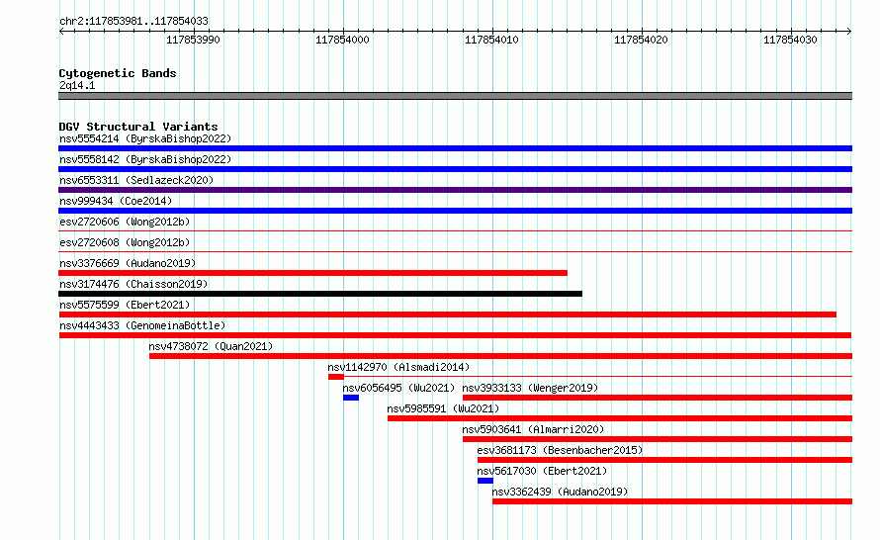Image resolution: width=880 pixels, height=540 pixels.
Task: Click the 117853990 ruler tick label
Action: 193,40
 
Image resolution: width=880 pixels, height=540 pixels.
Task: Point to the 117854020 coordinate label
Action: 641,40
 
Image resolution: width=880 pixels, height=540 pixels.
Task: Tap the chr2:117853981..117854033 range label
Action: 133,21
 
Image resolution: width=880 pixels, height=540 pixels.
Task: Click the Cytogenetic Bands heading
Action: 118,73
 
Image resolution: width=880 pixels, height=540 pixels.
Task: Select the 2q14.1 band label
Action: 77,85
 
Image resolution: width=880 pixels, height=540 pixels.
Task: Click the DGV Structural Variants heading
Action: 138,127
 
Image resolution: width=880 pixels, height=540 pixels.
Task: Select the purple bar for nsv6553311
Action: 455,190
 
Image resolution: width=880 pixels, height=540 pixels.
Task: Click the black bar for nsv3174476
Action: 320,294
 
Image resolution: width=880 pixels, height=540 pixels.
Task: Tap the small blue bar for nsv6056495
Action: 351,398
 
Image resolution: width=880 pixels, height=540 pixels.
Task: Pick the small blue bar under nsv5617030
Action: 485,481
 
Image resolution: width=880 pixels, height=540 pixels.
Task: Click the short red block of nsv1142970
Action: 336,377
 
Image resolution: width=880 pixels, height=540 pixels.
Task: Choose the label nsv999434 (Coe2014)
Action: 116,201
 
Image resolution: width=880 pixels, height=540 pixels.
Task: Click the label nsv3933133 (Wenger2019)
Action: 530,388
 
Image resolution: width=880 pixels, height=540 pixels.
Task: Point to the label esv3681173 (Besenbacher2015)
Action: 560,450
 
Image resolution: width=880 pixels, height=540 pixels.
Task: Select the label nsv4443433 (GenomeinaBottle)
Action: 142,325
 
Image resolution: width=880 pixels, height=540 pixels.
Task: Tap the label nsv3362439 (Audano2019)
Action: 560,492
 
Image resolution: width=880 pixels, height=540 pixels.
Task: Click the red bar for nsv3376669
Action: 313,273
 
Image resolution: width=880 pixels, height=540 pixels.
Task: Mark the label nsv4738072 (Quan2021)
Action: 211,346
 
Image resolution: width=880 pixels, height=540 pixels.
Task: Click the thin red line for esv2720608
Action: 455,251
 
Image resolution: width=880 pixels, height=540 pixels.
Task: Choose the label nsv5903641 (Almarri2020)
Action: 533,429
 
